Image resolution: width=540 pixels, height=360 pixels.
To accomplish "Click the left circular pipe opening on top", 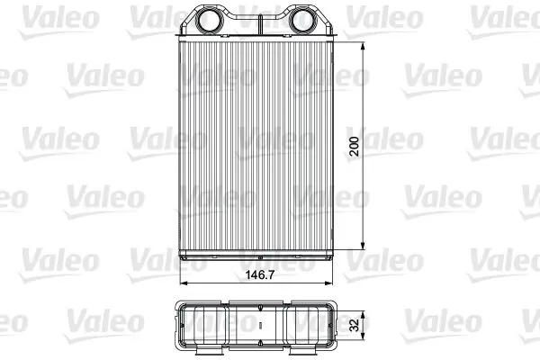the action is [206, 20].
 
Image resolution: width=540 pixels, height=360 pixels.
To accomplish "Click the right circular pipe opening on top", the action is [301, 20].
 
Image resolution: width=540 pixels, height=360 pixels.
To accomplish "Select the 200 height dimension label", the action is [354, 146].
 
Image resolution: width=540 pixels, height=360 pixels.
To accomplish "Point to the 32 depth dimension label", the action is [354, 325].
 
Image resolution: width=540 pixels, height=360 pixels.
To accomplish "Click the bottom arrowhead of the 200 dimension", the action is [363, 245].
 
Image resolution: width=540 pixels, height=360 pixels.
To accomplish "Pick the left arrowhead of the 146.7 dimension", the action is [184, 283].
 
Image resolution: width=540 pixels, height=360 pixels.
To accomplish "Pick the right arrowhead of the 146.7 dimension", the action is [328, 283].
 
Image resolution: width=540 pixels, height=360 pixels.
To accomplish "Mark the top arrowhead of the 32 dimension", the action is [363, 315].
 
